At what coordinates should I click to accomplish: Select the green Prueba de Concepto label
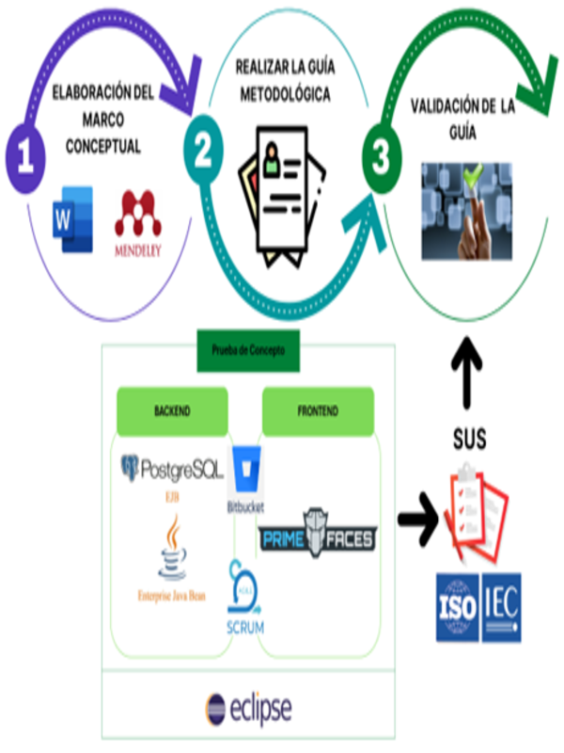[x=248, y=348]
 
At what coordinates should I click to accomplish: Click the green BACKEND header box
[x=171, y=410]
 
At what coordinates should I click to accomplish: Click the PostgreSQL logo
[x=172, y=467]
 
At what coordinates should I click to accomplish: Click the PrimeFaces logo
[x=318, y=537]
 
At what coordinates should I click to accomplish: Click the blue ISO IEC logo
[x=478, y=606]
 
